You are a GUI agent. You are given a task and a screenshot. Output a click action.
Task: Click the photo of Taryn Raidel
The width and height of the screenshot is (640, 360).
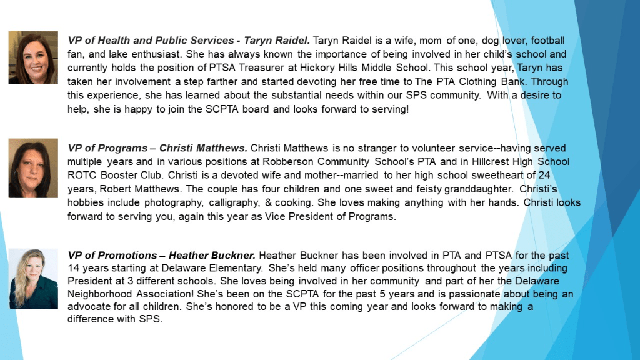(x=33, y=57)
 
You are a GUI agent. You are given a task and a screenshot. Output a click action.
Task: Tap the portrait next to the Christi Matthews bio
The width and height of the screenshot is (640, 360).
(x=33, y=168)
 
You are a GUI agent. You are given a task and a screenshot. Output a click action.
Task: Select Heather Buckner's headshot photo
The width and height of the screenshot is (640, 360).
(x=33, y=278)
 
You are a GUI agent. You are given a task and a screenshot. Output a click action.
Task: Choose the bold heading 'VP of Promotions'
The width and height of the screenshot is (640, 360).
(x=112, y=256)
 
